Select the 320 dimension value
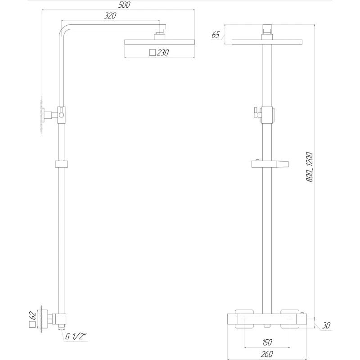111,16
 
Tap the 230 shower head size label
163,53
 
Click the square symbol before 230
153,53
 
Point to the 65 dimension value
215,35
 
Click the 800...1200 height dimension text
310,166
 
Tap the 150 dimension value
267,343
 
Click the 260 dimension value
267,355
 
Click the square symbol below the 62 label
32,324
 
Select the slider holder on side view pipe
61,163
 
